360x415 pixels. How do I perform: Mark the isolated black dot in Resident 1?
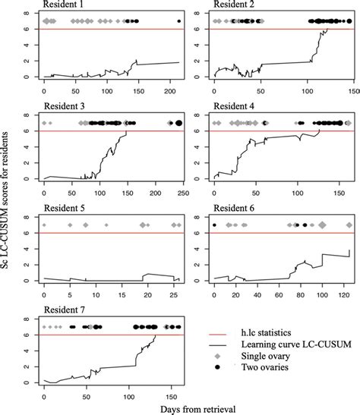pyautogui.click(x=178, y=21)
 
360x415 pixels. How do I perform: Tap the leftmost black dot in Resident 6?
pyautogui.click(x=215, y=225)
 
